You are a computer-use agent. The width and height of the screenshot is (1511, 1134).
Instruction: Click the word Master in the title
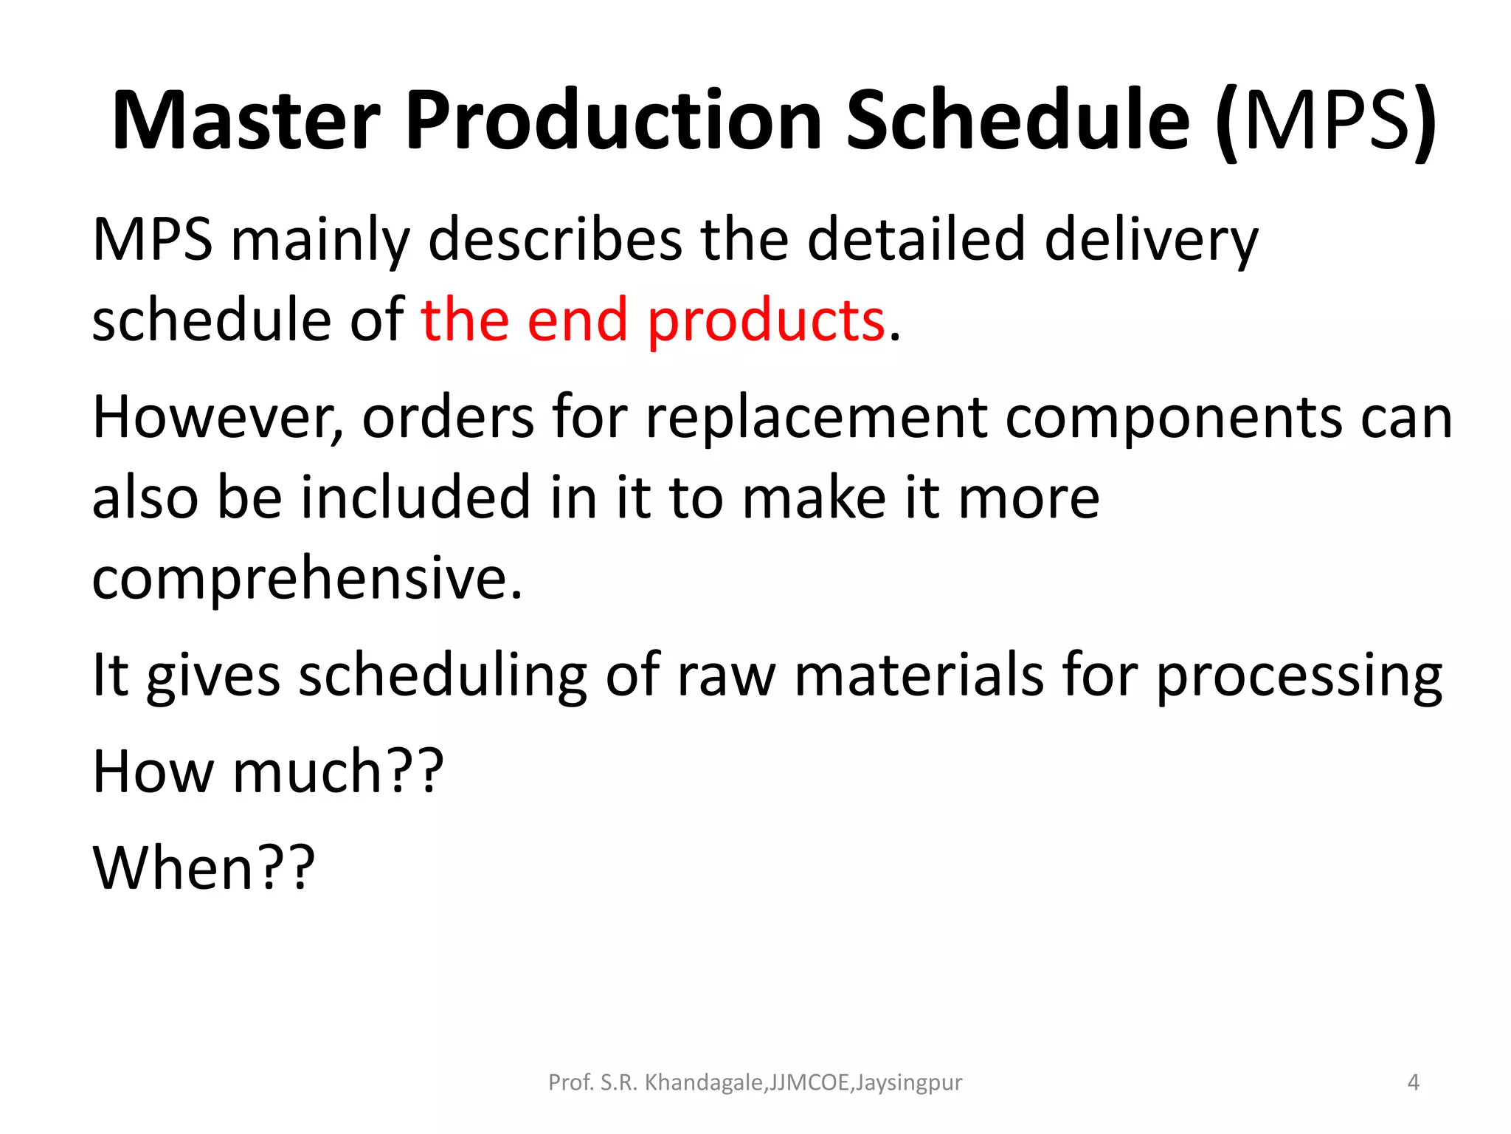click(246, 120)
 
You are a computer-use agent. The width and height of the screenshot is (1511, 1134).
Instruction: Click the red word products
click(766, 322)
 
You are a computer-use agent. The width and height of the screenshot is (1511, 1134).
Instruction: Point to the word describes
click(555, 240)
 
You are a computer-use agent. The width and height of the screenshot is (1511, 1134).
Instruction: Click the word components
click(1173, 418)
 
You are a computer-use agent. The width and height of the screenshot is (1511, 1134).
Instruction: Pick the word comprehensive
click(307, 580)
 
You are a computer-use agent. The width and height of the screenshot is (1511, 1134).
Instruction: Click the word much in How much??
click(306, 772)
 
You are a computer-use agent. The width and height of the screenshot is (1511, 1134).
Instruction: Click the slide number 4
click(1413, 1082)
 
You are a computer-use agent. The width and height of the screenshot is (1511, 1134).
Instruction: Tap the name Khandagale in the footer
click(704, 1082)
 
